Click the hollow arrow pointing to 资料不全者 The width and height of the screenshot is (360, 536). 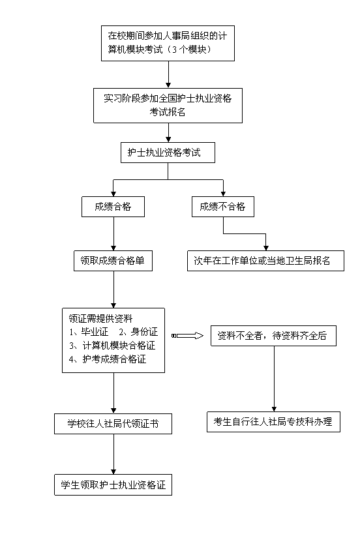(x=187, y=336)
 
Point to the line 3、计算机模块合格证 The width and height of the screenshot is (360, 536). (x=112, y=345)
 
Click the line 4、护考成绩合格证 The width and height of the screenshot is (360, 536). (x=108, y=359)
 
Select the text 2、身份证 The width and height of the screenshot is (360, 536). (x=138, y=332)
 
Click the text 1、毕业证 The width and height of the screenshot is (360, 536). (x=89, y=332)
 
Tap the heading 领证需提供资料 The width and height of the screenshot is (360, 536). (x=100, y=318)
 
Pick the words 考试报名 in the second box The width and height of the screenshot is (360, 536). (x=168, y=112)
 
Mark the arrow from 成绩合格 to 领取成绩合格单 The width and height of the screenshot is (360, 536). (x=113, y=234)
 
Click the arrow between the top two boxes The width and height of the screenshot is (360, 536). (x=168, y=74)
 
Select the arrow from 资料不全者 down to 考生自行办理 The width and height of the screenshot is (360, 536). (x=274, y=379)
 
